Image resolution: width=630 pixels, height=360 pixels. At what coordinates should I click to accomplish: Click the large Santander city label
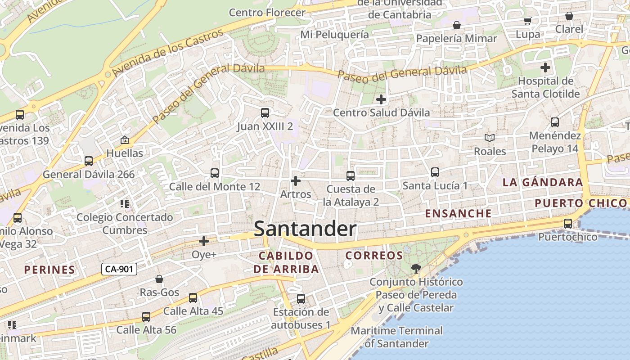coord(305,229)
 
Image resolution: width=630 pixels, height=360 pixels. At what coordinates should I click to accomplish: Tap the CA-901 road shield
coord(119,269)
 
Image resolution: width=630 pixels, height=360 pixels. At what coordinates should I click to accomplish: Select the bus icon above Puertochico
coord(568,223)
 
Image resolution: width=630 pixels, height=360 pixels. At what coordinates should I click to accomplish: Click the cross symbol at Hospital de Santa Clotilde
coord(545,68)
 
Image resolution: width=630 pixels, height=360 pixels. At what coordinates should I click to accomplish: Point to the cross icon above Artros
coord(296,181)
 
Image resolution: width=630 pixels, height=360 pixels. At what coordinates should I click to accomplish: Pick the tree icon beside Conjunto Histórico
coord(416,269)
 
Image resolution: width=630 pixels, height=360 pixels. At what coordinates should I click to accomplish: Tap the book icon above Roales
coord(490,138)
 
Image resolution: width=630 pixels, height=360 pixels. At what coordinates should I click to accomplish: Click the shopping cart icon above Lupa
coord(528,21)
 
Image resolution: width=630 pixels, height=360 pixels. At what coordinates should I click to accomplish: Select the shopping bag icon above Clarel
coord(569,16)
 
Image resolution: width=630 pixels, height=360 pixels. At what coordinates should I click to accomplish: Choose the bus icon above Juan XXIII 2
coord(265,113)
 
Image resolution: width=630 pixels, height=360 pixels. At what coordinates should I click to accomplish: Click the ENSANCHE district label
coord(459,213)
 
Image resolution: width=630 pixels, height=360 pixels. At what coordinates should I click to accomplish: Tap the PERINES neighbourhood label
coord(49,270)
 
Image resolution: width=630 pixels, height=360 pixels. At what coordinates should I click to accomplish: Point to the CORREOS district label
coord(374,256)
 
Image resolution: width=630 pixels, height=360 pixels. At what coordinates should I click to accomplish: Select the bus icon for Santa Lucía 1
coord(435,172)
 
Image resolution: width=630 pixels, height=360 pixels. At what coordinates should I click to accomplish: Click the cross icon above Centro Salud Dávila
coord(381,99)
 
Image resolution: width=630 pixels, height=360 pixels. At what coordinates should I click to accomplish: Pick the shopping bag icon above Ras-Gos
coord(159,279)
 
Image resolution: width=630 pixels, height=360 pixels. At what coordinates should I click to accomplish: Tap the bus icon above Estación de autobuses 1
coord(301,298)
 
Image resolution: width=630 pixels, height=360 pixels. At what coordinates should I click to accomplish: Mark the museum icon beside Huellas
coord(125,140)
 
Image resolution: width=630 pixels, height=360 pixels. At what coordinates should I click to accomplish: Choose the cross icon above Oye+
coord(204,241)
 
